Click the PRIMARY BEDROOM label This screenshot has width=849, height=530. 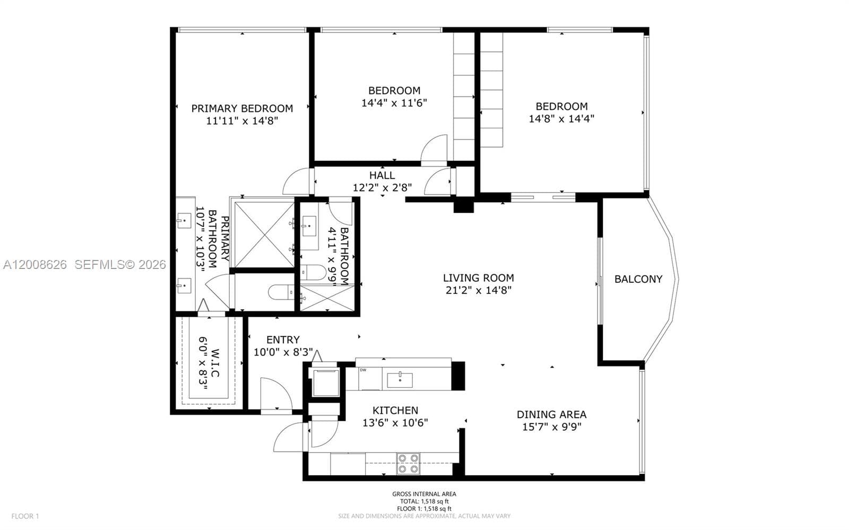[x=242, y=108]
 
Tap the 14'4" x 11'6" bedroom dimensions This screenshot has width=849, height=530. [x=394, y=103]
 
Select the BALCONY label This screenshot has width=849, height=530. [x=638, y=279]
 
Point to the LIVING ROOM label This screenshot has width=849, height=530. [x=478, y=277]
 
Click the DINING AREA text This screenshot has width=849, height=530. [x=551, y=414]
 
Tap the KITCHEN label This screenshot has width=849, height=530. [x=395, y=410]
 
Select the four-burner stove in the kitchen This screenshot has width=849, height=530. [x=408, y=463]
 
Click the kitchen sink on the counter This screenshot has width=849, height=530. [x=400, y=380]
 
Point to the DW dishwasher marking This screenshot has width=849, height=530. [x=363, y=370]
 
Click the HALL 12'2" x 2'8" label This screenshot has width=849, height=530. [x=382, y=181]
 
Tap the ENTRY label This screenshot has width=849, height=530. [x=283, y=340]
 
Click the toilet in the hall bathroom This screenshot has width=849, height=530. [x=313, y=273]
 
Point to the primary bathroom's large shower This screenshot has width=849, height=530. [x=264, y=234]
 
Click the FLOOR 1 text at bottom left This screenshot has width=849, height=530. [x=25, y=516]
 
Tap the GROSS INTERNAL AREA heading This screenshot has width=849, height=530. [x=424, y=494]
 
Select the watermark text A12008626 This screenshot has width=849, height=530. [x=35, y=264]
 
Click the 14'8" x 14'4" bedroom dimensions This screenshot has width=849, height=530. [x=561, y=119]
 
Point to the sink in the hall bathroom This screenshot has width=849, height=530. [x=309, y=227]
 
